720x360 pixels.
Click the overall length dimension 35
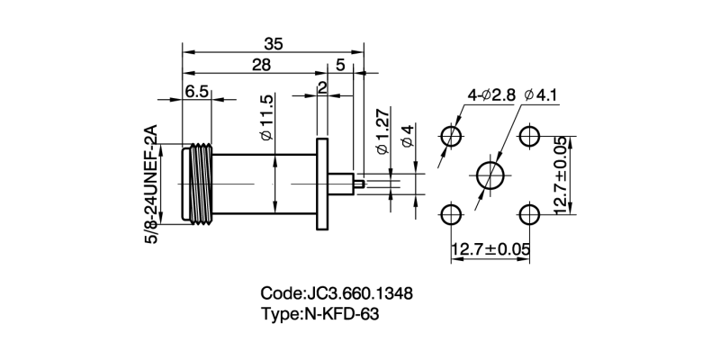click(273, 42)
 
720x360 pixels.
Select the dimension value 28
click(261, 65)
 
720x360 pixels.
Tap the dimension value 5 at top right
click(340, 65)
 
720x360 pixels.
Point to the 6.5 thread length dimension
click(197, 91)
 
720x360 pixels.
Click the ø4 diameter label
click(407, 138)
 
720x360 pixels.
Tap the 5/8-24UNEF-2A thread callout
click(150, 182)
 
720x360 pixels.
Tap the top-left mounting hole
click(451, 136)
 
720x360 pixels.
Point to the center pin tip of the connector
click(360, 184)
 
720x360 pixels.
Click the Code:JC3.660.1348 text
click(337, 293)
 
